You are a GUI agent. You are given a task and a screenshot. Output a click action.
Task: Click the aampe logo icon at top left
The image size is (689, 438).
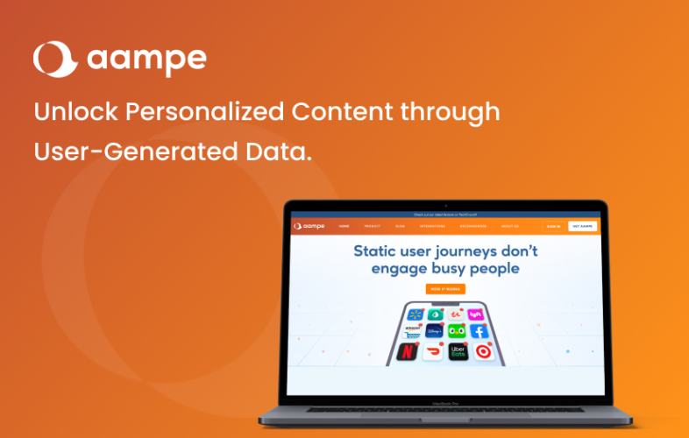(54, 59)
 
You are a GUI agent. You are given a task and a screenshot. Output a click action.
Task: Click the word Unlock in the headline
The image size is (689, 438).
(69, 112)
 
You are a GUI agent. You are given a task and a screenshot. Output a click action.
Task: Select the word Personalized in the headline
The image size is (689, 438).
(199, 112)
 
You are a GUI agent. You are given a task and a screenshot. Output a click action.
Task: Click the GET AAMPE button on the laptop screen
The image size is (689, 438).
(581, 226)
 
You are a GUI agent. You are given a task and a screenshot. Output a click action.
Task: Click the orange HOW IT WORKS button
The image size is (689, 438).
(445, 289)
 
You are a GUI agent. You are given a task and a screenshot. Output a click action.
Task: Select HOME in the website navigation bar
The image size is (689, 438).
(344, 226)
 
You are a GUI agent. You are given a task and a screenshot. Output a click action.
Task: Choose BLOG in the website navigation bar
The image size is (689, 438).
(400, 226)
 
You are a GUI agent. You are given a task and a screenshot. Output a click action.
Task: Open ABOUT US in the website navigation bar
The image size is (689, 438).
(509, 226)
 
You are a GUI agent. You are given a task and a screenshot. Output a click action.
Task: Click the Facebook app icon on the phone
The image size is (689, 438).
(479, 331)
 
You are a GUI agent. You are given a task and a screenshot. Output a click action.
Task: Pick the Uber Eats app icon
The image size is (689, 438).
(457, 351)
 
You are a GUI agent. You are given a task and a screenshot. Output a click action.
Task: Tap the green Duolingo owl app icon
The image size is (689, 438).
(457, 331)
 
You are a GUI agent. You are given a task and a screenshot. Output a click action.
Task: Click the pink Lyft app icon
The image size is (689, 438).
(476, 314)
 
